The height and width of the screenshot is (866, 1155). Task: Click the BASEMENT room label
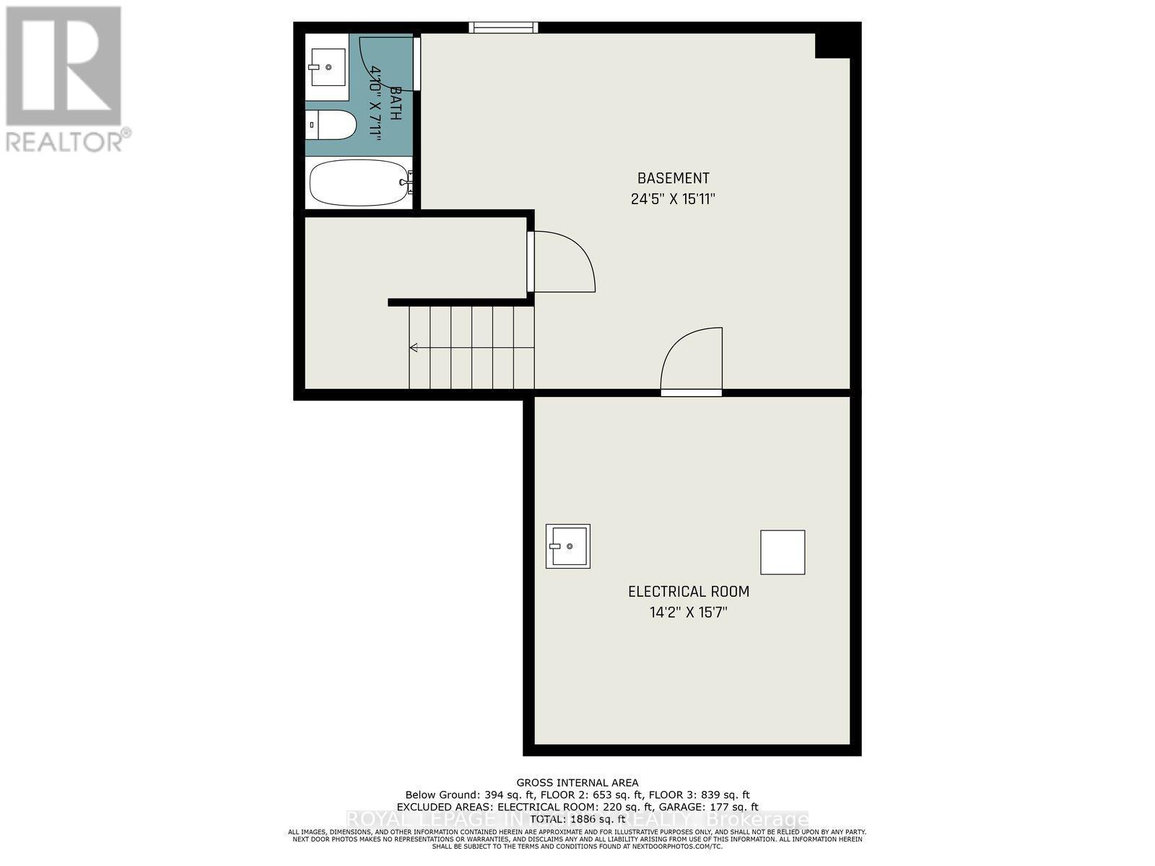click(673, 178)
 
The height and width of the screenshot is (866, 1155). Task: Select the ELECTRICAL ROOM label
click(689, 592)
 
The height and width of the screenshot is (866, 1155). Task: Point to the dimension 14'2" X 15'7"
click(689, 613)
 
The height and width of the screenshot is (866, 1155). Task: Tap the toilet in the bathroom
click(331, 125)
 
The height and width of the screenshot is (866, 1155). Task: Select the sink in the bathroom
click(327, 67)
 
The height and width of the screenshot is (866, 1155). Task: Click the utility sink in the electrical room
click(567, 546)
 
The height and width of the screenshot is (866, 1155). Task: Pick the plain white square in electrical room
click(783, 552)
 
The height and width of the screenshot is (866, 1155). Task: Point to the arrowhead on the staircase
click(414, 348)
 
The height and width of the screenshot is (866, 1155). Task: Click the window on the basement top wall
click(503, 27)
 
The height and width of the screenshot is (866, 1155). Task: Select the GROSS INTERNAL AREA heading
click(577, 782)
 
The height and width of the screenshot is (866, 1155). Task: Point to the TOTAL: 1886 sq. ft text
click(577, 819)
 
